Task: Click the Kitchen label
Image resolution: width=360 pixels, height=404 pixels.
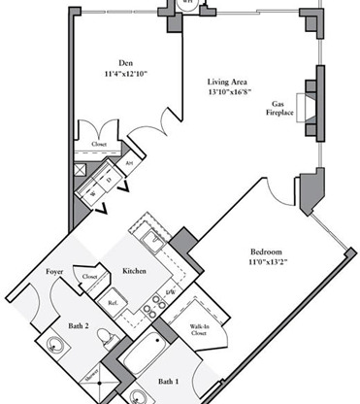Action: click(x=133, y=271)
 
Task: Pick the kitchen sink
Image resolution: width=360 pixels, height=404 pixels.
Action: click(x=152, y=236)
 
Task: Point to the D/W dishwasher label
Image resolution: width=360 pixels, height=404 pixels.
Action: click(x=170, y=291)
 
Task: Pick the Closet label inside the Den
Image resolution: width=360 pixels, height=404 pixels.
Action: click(x=98, y=143)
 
